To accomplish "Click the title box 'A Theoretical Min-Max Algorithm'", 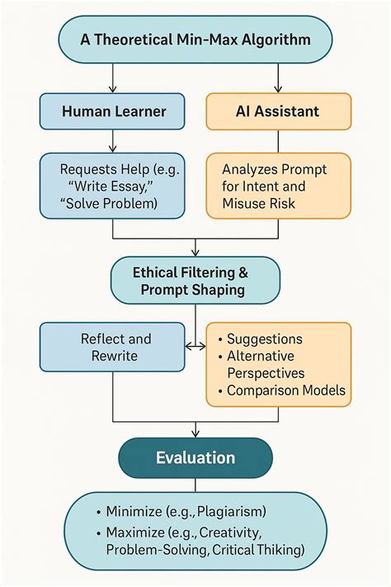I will [195, 39].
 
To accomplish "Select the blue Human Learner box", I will [112, 111].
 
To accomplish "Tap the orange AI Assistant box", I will [278, 111].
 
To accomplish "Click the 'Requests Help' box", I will [112, 186].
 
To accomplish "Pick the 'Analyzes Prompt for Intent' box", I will [278, 186].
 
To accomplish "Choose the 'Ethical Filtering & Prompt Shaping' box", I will [195, 281].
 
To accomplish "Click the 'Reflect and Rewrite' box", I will [112, 347].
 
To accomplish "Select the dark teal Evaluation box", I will [195, 457].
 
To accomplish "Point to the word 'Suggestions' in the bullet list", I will [264, 338].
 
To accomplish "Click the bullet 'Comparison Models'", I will [285, 390].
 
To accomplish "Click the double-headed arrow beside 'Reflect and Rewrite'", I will [195, 347].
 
